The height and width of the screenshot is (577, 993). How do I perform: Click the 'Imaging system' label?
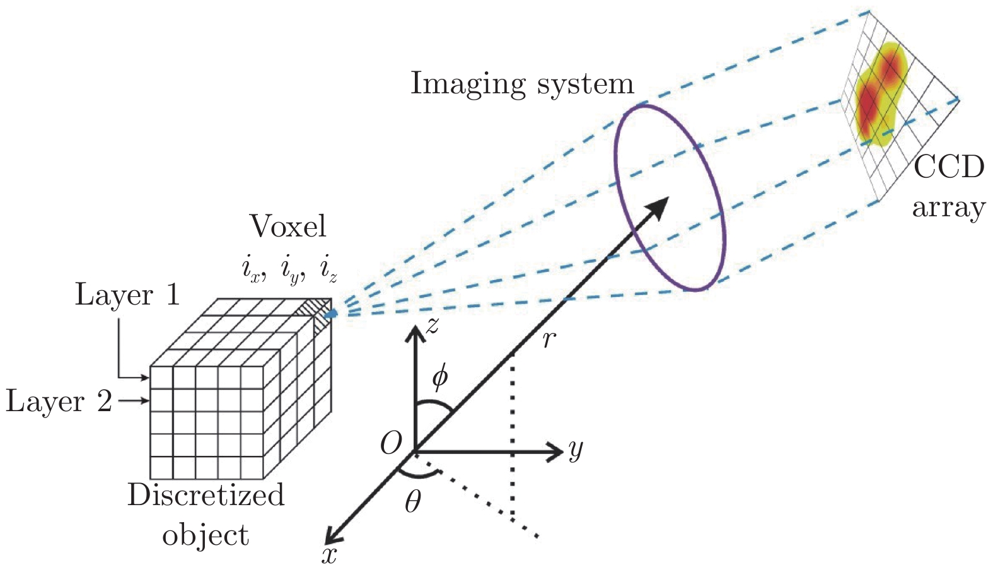pos(521,84)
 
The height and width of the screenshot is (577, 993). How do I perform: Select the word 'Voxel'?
pos(288,226)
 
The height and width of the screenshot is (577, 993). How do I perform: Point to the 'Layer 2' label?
pos(59,401)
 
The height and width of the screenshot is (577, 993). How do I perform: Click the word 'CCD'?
pos(948,168)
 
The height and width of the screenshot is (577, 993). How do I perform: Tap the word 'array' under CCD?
pos(948,207)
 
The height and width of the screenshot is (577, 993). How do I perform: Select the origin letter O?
pos(391,445)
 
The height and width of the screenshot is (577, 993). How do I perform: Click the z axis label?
pos(432,325)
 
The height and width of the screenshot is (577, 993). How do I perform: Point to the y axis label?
pos(575,450)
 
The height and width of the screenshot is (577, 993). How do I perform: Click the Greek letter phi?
pos(439,376)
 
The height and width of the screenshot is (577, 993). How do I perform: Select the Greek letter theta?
pos(412,502)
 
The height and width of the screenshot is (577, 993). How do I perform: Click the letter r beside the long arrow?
pos(549,340)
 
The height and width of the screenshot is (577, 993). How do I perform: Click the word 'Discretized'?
pos(206,495)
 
